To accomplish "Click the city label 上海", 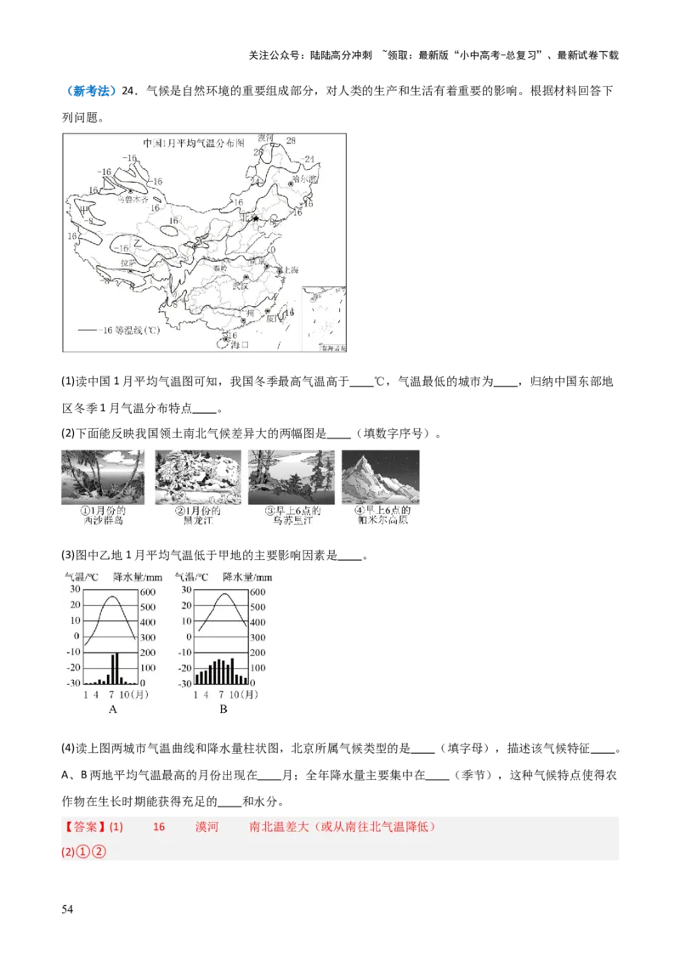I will [290, 269].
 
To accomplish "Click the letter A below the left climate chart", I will [112, 709].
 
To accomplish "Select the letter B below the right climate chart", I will [223, 709].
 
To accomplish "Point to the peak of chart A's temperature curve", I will [112, 597].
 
